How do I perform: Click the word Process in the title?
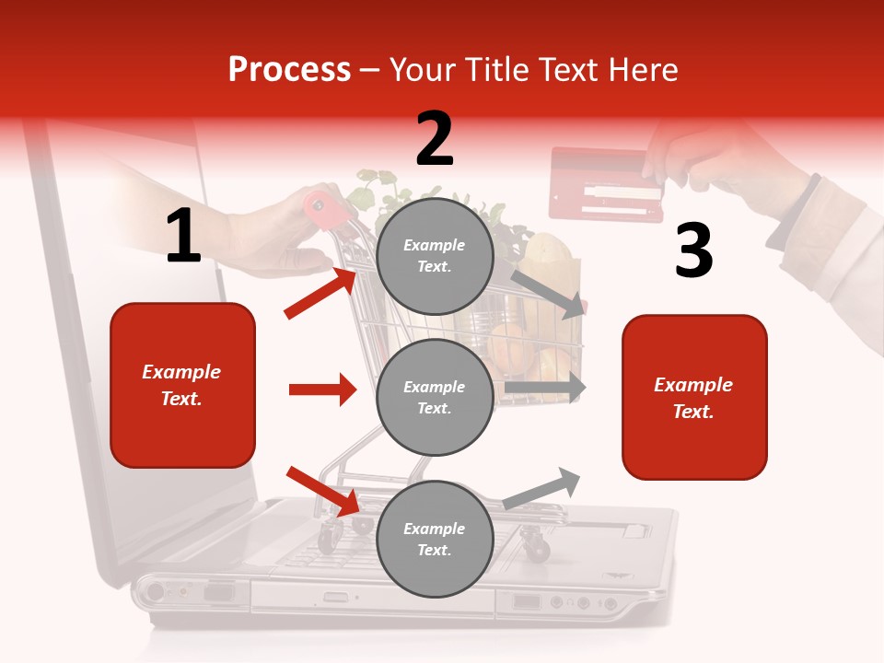[289, 69]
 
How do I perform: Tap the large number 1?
[183, 237]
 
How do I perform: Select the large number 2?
[435, 139]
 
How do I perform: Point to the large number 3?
[693, 250]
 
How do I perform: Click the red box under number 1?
[182, 385]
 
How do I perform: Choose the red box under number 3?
[694, 398]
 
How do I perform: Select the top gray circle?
[435, 256]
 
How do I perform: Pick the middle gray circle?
[435, 398]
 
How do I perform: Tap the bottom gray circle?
[435, 540]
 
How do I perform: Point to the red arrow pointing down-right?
[322, 491]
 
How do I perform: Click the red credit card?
[605, 183]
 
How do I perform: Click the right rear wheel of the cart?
[536, 549]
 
